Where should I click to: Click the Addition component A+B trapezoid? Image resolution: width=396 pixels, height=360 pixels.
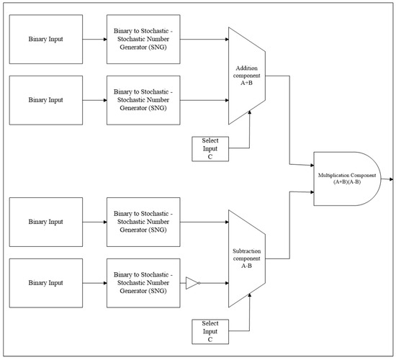tap(246, 76)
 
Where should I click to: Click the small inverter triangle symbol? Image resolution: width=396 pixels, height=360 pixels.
tap(191, 283)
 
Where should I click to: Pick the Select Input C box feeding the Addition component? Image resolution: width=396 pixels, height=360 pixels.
tap(211, 148)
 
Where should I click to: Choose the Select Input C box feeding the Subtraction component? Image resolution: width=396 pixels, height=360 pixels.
tap(211, 331)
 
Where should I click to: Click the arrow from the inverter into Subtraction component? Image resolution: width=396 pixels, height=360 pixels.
tap(214, 283)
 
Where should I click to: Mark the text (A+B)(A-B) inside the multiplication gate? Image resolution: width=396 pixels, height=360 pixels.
tap(348, 183)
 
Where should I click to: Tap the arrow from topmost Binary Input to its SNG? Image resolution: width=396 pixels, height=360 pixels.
tap(94, 39)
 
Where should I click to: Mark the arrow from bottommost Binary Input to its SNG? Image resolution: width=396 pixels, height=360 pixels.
tap(94, 283)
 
